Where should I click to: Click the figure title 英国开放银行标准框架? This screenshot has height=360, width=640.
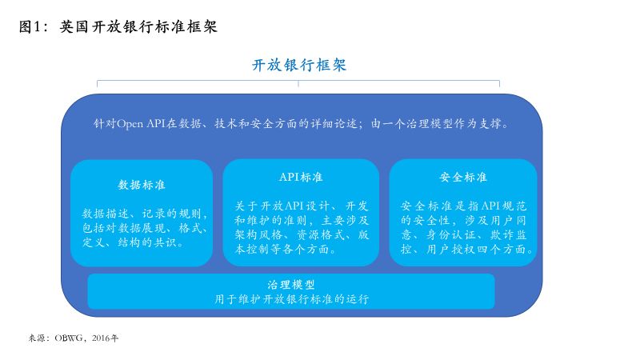[138, 27]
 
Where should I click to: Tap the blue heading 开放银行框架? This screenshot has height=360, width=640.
[299, 65]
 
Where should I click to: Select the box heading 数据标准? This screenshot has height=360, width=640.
[142, 185]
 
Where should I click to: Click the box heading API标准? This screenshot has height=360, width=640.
[301, 177]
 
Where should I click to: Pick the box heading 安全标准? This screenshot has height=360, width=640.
[463, 177]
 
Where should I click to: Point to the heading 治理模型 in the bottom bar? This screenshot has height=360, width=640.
[291, 285]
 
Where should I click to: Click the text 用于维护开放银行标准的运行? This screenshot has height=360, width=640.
[292, 299]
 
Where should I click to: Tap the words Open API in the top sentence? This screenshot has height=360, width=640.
[141, 124]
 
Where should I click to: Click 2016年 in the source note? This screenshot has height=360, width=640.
[106, 338]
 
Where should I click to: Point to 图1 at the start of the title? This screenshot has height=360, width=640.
[30, 27]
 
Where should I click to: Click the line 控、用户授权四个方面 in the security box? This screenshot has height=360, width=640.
[468, 249]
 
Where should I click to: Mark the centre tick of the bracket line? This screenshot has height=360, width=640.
[298, 84]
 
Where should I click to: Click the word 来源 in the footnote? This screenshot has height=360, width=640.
[36, 338]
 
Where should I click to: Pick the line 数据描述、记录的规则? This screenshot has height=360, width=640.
[145, 214]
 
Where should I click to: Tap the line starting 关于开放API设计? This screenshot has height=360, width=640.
[302, 206]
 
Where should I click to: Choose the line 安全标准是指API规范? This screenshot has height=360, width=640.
[464, 206]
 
